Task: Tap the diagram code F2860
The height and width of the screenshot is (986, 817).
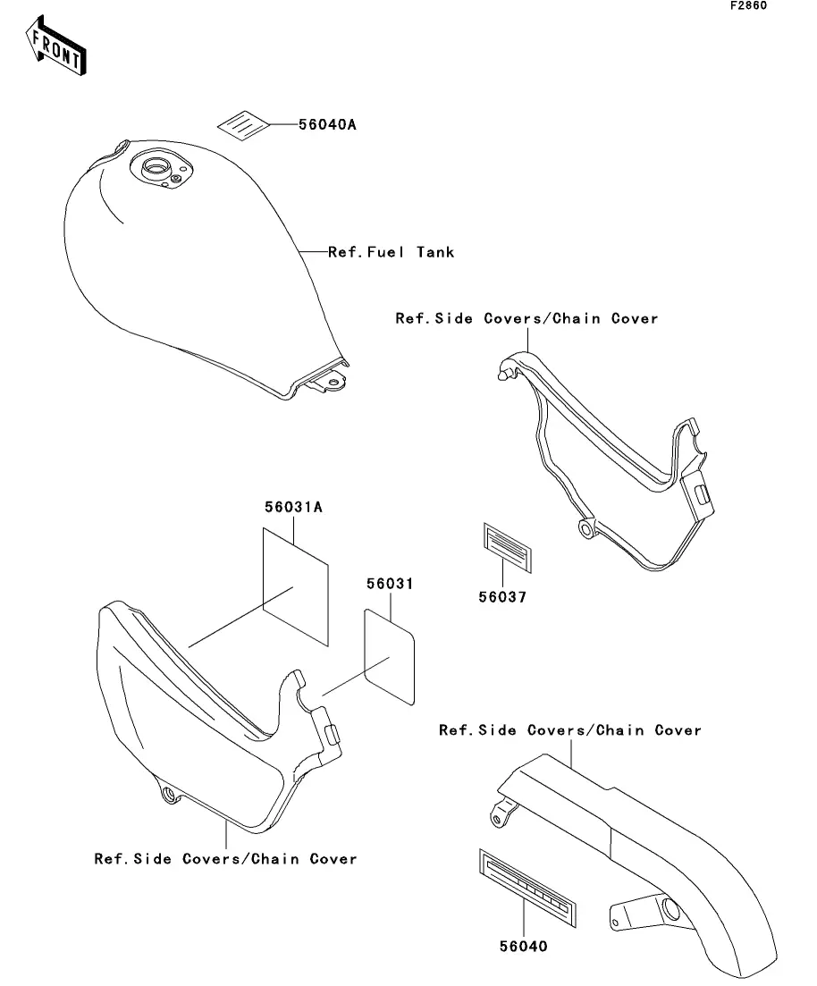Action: (748, 6)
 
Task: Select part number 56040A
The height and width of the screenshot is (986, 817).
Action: (327, 125)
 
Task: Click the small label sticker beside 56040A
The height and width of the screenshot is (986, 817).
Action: (243, 125)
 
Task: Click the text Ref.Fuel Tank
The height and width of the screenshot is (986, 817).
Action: (392, 252)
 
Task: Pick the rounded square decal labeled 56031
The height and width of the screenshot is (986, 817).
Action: (391, 655)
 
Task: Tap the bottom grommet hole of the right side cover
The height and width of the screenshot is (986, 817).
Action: (586, 529)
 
